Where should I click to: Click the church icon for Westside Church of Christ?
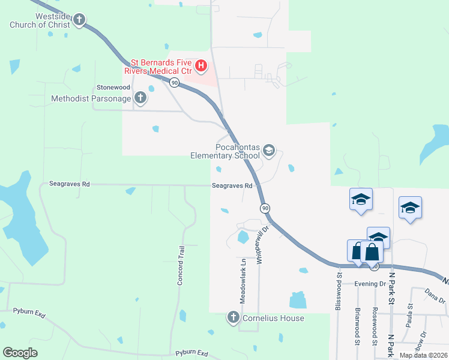click(79, 21)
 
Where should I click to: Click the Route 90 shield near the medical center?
click(174, 82)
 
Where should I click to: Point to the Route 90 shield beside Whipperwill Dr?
click(265, 208)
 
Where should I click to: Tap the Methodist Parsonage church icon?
click(140, 98)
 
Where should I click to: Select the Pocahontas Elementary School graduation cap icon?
click(269, 150)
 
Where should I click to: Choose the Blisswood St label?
click(339, 292)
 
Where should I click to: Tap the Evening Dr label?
click(369, 284)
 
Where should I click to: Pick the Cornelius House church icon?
click(234, 317)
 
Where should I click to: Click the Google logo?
click(20, 353)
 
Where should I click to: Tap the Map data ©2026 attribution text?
click(423, 355)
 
